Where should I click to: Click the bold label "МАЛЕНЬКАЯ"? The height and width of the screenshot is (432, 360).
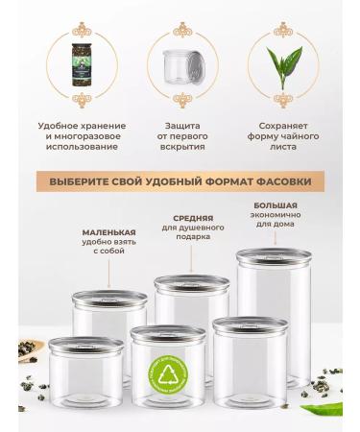click(x=108, y=232)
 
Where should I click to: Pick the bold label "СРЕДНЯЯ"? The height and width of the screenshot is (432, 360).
click(x=193, y=218)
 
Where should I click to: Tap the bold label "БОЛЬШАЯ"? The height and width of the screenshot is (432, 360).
click(x=275, y=205)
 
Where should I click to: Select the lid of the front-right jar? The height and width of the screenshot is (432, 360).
click(x=250, y=324)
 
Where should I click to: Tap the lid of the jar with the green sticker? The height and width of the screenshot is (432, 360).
click(x=167, y=333)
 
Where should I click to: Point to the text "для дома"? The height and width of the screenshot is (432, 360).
click(x=275, y=225)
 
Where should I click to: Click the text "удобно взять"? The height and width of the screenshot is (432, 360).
click(x=108, y=243)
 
